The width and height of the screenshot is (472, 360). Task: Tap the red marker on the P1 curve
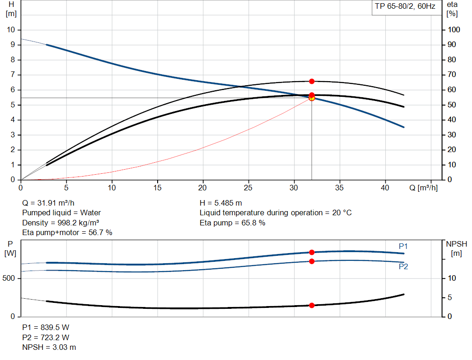point(312,252)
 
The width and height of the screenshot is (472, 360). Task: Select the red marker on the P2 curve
point(312,261)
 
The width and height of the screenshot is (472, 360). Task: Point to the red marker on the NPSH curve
point(312,305)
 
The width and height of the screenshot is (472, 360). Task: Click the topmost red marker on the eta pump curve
point(312,81)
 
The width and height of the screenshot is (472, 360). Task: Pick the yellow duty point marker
point(312,98)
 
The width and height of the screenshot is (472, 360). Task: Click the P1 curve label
point(403,246)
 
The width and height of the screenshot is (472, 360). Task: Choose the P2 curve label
point(403,266)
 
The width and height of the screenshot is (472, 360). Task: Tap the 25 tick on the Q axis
point(249,188)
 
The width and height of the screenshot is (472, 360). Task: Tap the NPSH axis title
point(456,243)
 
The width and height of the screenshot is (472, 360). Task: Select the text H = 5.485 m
point(221,202)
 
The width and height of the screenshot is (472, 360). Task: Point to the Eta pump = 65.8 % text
point(232,223)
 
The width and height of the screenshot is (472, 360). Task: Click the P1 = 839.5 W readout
point(46,327)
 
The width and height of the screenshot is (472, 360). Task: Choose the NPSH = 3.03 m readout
point(49,347)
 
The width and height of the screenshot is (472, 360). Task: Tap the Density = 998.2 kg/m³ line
point(61,223)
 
